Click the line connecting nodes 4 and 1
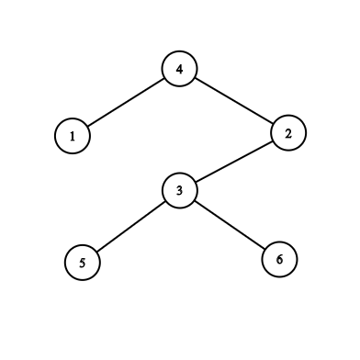(x=126, y=103)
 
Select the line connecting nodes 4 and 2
(x=234, y=101)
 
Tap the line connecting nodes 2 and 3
(x=234, y=162)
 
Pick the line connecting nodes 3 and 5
(x=131, y=227)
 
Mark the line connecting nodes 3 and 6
(x=230, y=225)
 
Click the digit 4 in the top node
(x=179, y=70)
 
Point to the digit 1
(x=73, y=137)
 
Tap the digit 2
(x=288, y=133)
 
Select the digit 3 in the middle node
(x=179, y=191)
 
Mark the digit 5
(x=83, y=263)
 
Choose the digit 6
(x=279, y=260)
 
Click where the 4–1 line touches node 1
(x=88, y=126)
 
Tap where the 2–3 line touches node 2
(x=273, y=141)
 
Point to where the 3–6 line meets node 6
(x=264, y=249)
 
